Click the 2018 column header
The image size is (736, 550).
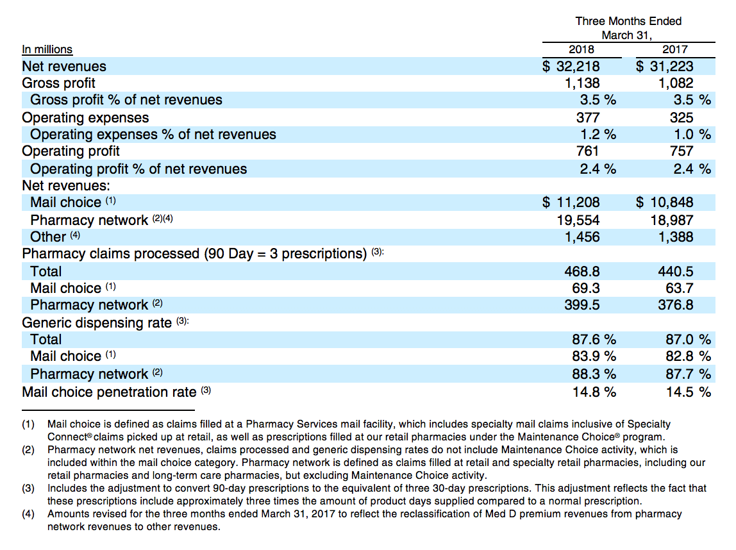pos(581,49)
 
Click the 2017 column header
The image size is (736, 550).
pos(675,49)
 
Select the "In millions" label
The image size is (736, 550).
pos(47,49)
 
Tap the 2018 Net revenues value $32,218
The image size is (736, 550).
pos(571,66)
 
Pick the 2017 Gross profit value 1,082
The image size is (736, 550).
pos(676,83)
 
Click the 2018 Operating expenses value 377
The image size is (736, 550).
pos(588,117)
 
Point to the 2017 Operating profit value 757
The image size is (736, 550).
pos(682,151)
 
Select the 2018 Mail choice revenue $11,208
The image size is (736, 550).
pos(571,203)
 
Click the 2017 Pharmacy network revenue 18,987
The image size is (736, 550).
pos(672,220)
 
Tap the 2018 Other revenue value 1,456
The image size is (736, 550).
pos(582,237)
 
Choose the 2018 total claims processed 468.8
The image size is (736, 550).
pos(582,271)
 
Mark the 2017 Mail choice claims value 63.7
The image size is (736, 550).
pos(679,288)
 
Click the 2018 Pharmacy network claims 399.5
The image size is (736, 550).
pos(582,305)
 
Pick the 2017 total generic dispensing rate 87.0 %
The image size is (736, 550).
pos(688,339)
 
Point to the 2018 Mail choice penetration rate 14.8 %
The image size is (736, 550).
pos(594,392)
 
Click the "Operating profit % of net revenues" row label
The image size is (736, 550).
pos(138,169)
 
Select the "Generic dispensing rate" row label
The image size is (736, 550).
pos(97,323)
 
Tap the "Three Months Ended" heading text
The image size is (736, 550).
pos(628,21)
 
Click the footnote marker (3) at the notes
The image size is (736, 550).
pos(28,488)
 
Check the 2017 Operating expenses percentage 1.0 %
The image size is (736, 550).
pos(692,134)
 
